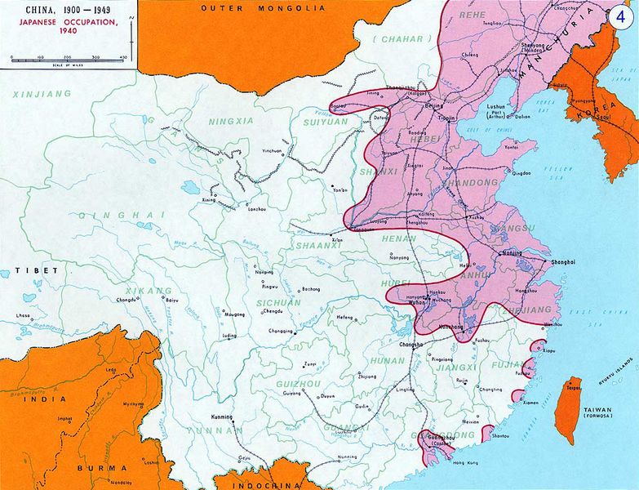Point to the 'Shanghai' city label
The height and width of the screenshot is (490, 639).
point(563,261)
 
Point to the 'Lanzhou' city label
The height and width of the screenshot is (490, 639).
point(255,210)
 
